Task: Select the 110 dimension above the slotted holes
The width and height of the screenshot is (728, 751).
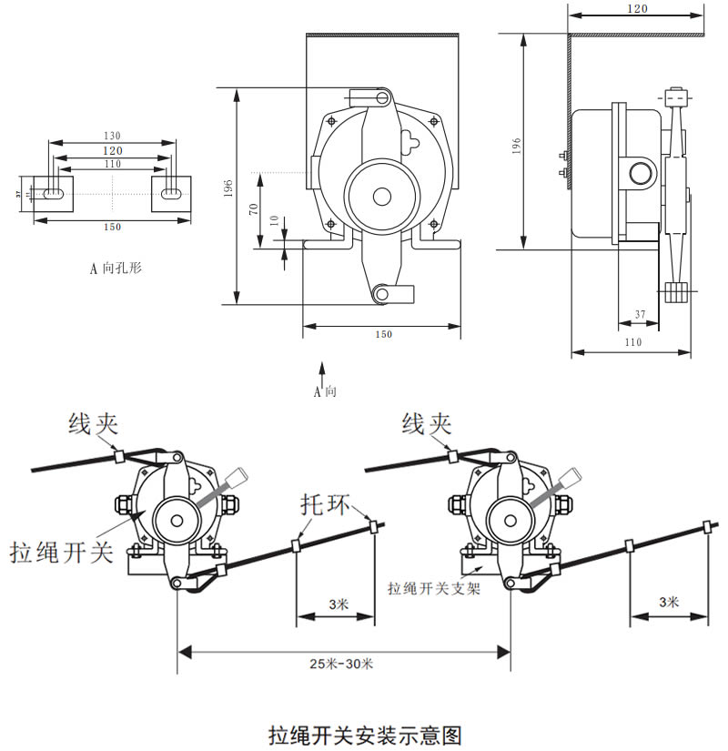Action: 112,163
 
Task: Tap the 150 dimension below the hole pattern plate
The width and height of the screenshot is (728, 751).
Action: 112,226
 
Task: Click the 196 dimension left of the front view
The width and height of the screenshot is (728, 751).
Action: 229,189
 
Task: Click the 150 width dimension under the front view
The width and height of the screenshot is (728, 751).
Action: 383,334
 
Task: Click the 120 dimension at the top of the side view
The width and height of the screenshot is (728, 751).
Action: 637,8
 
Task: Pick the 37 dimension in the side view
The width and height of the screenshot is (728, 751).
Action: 640,315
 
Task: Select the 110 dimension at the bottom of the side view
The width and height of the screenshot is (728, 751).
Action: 633,342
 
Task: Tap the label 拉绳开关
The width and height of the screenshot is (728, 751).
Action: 62,552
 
